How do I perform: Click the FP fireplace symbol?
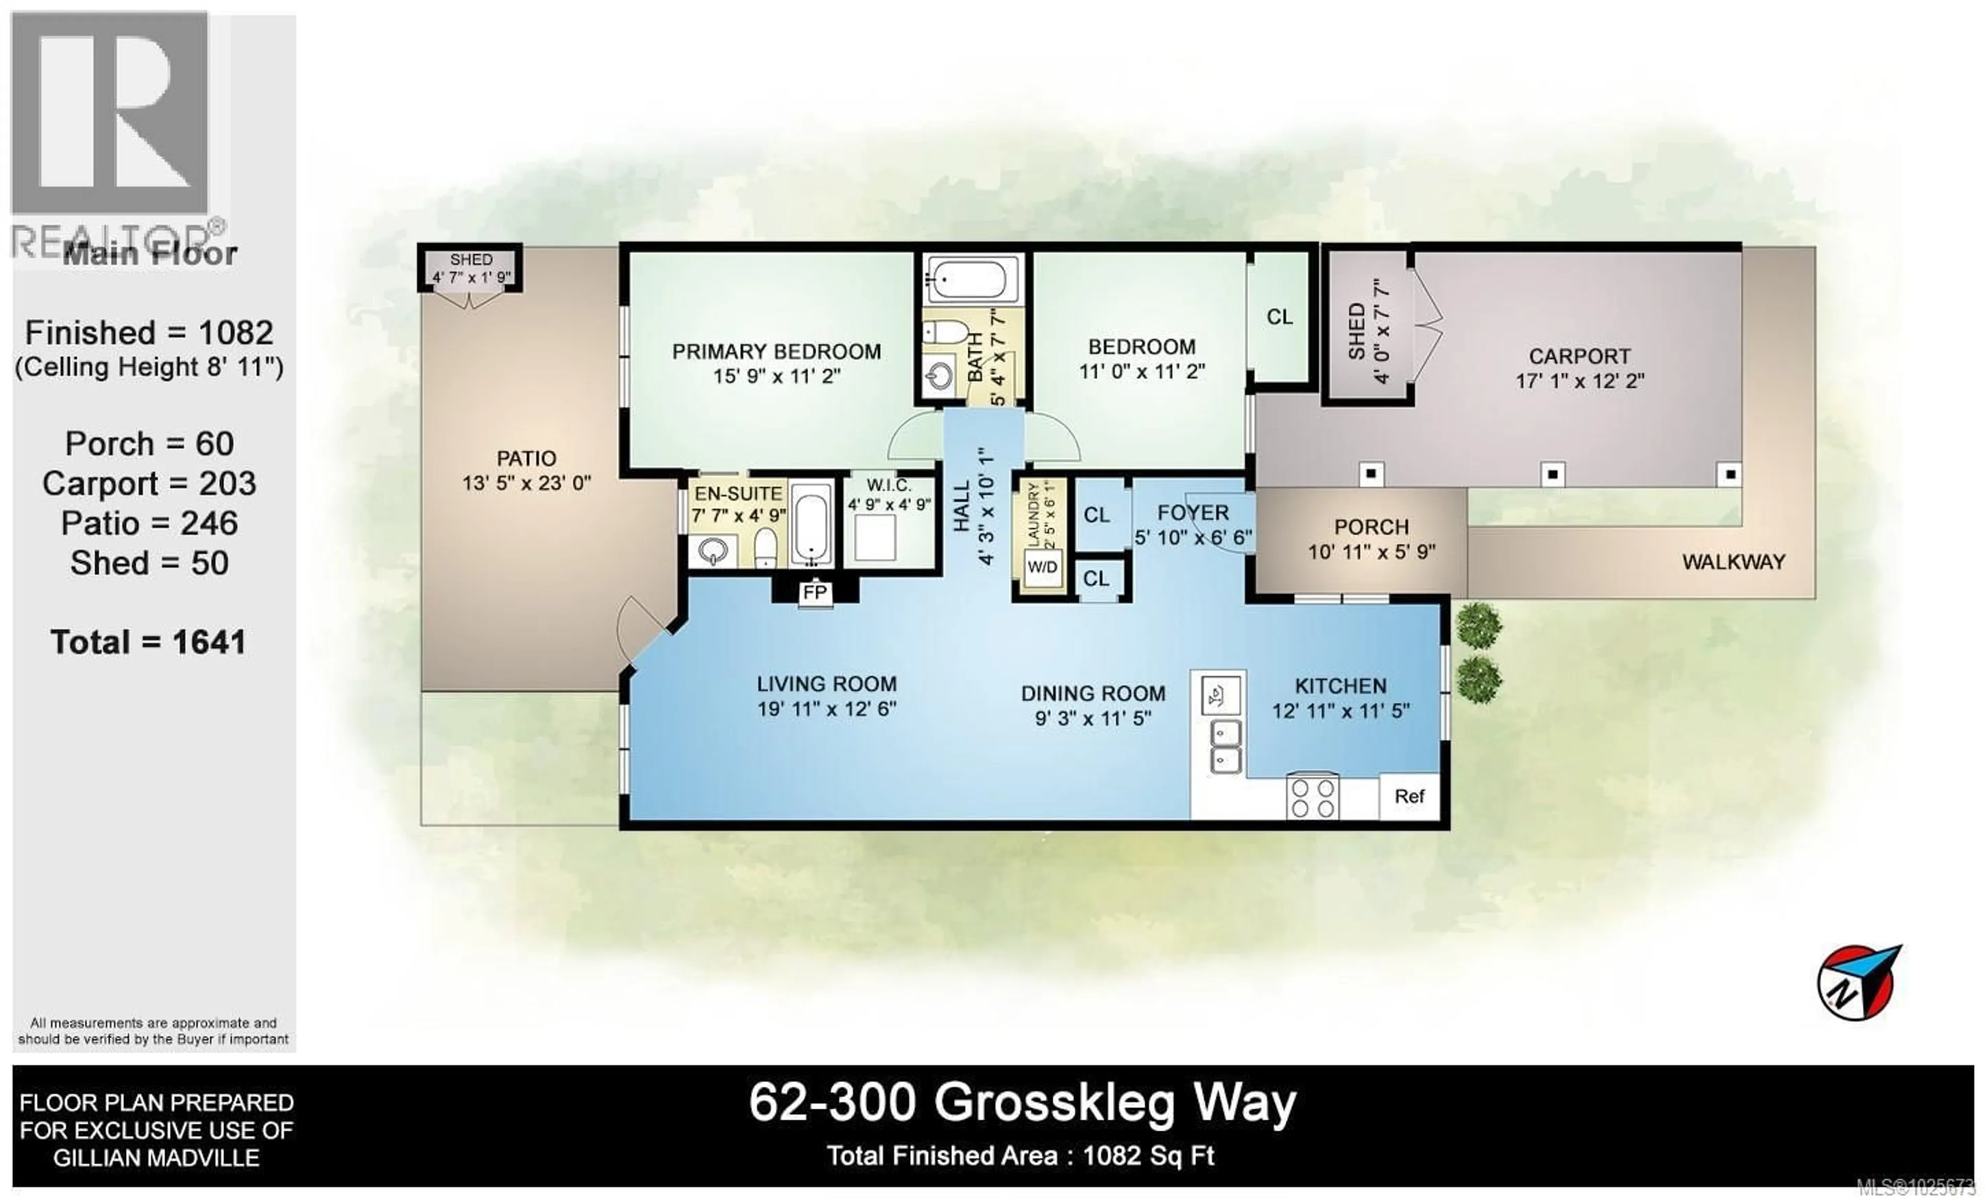tap(815, 593)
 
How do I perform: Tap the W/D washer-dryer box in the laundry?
tap(1042, 567)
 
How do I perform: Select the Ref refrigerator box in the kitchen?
tap(1409, 796)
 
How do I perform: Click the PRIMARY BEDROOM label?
tap(776, 352)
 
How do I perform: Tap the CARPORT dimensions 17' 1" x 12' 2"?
tap(1579, 381)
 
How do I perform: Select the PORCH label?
tap(1371, 528)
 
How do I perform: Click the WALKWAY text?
tap(1733, 562)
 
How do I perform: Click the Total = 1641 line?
tap(148, 642)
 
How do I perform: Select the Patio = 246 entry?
tap(149, 524)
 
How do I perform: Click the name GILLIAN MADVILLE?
tap(156, 1158)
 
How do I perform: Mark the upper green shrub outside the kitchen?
tap(1479, 626)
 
